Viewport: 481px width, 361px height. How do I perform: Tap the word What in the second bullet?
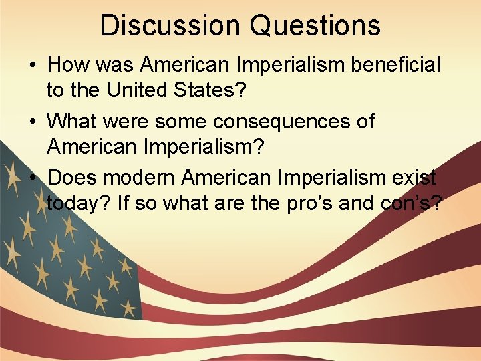point(74,122)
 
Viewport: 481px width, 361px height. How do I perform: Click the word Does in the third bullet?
point(71,178)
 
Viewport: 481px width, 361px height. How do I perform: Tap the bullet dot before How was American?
point(33,66)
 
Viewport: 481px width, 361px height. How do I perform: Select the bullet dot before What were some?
point(33,122)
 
